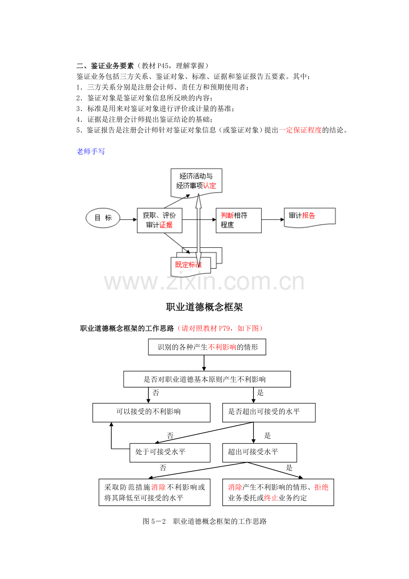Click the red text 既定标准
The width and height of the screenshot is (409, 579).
(x=188, y=265)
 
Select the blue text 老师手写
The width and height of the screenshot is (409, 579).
(x=91, y=152)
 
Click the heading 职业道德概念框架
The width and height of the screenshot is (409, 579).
(x=204, y=307)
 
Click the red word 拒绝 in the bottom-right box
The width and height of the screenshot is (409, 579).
(x=321, y=487)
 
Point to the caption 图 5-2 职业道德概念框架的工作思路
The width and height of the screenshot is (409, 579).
(x=204, y=521)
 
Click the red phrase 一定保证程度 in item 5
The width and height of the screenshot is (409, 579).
(x=300, y=130)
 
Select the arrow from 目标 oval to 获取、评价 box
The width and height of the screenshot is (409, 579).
(x=128, y=219)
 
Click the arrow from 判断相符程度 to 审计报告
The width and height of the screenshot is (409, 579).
(x=273, y=219)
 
